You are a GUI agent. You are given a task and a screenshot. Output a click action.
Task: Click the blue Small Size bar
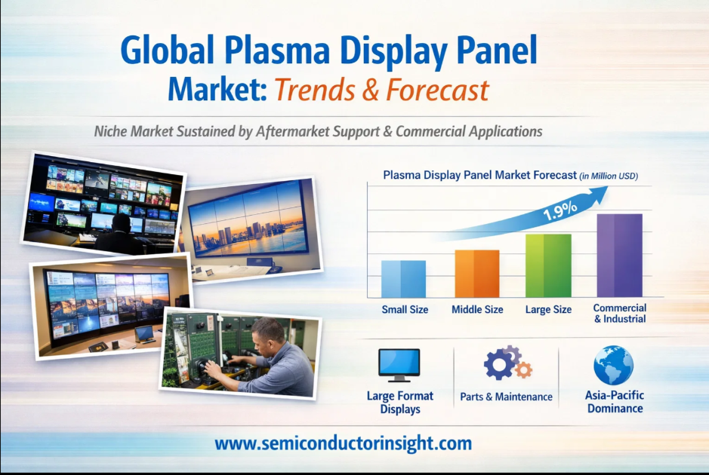pos(403,279)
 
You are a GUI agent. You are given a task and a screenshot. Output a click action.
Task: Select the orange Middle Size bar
pos(477,274)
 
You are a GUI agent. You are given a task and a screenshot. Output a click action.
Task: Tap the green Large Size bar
pos(548,265)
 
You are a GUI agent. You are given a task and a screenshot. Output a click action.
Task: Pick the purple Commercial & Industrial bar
pos(619,256)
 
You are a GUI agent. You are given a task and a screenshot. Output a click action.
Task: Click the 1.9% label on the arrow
pos(560,210)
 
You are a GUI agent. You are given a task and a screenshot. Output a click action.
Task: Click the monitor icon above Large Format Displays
pos(399,365)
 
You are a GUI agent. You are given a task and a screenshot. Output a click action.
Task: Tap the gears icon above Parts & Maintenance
pos(507,362)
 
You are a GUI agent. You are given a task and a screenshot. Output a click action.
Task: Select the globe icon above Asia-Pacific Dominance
pos(614,365)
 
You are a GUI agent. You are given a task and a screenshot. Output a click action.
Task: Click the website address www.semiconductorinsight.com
pos(344,443)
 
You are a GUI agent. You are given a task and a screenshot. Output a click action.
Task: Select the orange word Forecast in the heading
pos(437,90)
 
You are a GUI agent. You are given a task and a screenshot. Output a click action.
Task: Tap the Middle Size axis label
pos(477,310)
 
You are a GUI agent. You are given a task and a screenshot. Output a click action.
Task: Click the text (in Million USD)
pos(609,176)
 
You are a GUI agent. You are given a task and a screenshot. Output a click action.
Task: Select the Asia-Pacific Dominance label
pos(615,402)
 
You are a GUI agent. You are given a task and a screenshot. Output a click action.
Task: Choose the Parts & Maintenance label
pos(506,397)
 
